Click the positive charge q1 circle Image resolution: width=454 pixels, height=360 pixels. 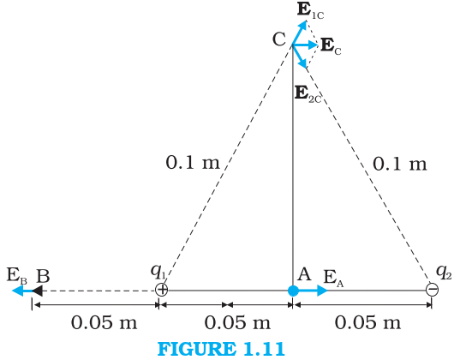coord(161,290)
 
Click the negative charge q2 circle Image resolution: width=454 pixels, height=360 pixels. coord(432,290)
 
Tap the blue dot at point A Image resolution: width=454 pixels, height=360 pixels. coord(293,291)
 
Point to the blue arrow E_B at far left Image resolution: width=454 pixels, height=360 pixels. coord(22,291)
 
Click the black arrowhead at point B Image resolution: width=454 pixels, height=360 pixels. coord(38,291)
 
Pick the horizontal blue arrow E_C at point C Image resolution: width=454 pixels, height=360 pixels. coord(306,45)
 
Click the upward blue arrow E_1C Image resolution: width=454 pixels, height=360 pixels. coord(300,33)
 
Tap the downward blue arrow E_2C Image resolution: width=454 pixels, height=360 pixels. coord(300,57)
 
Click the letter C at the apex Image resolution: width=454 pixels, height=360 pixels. coord(279,39)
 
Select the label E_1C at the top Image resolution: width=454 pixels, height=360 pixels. coord(310,11)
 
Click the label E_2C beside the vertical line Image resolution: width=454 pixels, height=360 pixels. coord(308,94)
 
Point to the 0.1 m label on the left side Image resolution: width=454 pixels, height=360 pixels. coord(193,162)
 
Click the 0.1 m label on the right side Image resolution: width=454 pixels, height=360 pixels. coord(400,164)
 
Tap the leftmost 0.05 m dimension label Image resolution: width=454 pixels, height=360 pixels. coord(105,322)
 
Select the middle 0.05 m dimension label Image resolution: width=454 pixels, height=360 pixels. coord(237,322)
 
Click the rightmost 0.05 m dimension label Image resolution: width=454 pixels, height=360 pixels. coord(368,322)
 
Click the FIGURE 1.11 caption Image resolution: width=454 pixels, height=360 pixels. coord(222,349)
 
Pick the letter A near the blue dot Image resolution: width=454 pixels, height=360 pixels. coord(304,274)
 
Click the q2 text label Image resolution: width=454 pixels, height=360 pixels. coord(444,273)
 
